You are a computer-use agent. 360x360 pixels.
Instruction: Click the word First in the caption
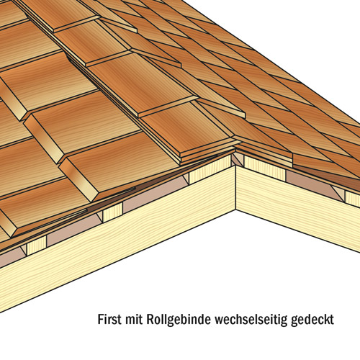[x=109, y=319]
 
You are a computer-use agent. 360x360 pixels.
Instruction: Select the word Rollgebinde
[x=179, y=320]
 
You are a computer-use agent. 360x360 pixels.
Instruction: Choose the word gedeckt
[x=312, y=320]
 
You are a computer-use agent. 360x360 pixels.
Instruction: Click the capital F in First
[x=101, y=319]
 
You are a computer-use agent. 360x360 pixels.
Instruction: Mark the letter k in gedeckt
[x=326, y=319]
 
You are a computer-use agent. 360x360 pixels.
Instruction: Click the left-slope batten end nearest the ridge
[x=210, y=171]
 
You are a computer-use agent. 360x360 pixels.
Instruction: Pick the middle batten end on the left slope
[x=113, y=212]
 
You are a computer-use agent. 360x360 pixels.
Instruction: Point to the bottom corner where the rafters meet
[x=235, y=210]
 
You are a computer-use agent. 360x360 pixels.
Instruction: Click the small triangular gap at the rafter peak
[x=237, y=159]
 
